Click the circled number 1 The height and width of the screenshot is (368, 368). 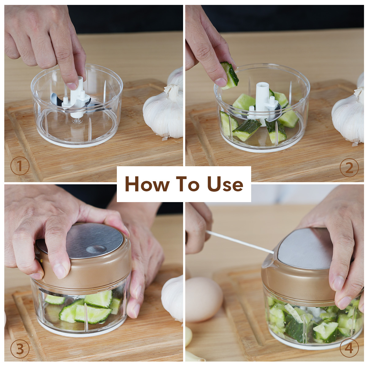20,166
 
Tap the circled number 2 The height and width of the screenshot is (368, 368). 349,168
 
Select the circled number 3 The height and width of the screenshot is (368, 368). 20,349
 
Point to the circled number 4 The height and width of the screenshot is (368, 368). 349,348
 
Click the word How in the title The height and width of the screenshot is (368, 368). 147,184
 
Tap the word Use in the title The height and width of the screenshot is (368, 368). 225,184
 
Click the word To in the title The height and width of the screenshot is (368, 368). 188,184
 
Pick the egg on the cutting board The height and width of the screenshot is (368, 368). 204,299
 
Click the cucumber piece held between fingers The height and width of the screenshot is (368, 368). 230,75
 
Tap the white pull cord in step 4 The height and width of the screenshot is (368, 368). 240,242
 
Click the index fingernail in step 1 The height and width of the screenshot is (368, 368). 72,86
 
